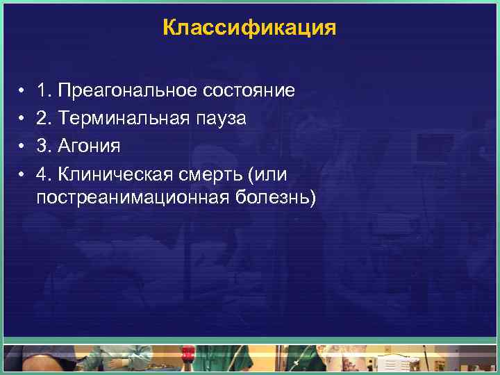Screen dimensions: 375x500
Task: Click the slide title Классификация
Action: (x=249, y=28)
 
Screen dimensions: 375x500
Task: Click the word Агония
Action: (x=90, y=147)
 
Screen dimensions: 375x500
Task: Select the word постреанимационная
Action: (x=132, y=198)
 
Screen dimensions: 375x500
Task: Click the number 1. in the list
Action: (x=45, y=91)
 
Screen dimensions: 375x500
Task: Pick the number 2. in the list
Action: (x=45, y=119)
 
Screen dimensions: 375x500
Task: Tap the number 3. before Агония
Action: (x=45, y=147)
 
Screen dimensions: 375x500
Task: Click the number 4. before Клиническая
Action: (x=45, y=174)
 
